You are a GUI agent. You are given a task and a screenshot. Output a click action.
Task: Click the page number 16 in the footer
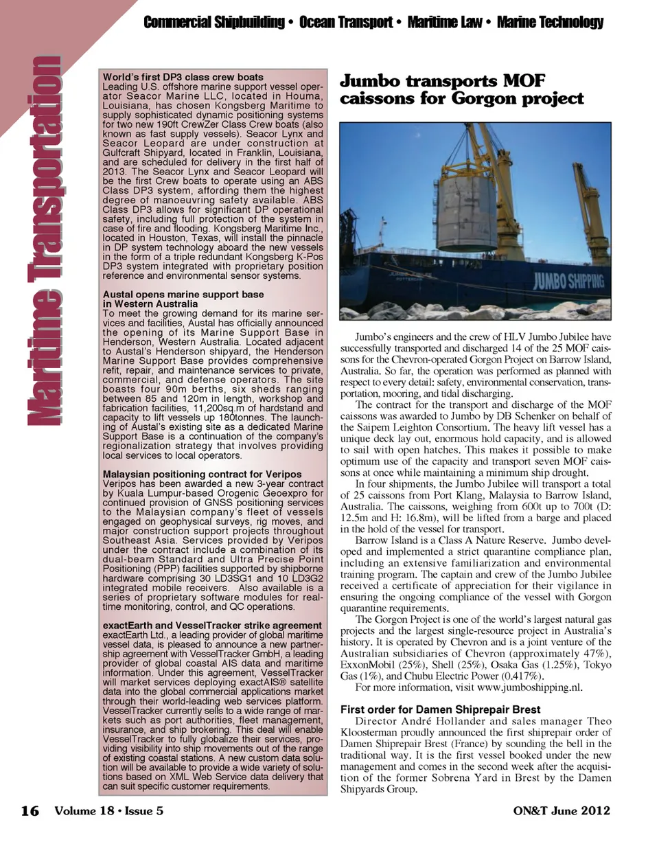(29, 811)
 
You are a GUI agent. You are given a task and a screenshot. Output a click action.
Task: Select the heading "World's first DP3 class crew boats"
(183, 78)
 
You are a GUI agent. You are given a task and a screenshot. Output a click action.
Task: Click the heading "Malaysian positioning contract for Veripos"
(202, 474)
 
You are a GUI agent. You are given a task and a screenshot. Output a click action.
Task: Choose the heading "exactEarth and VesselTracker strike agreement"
(212, 626)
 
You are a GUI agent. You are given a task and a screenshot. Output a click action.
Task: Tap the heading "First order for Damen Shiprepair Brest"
(440, 709)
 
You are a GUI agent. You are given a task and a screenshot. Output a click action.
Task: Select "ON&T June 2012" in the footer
(562, 810)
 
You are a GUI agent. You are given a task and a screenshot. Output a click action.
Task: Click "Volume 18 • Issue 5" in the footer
(108, 811)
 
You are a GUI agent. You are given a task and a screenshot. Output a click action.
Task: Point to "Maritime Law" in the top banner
(444, 23)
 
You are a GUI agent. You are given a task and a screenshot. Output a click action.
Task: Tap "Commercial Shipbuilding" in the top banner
(213, 23)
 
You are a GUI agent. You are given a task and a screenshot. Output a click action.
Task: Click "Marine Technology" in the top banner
(549, 23)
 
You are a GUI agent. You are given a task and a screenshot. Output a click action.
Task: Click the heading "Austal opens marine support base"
(183, 294)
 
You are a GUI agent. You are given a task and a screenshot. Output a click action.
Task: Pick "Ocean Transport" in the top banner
(347, 23)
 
